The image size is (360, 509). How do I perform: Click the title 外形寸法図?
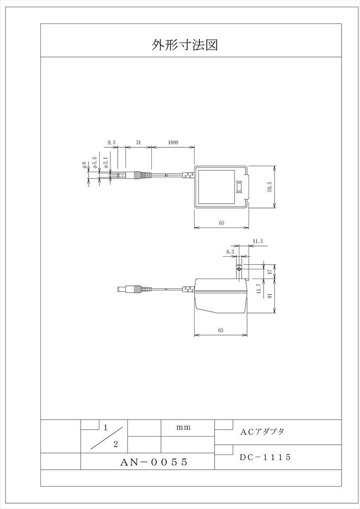(184, 45)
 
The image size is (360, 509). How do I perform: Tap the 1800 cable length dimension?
(173, 142)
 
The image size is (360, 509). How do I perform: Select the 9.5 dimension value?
(111, 142)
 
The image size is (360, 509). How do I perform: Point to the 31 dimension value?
(138, 142)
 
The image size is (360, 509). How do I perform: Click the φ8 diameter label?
(85, 165)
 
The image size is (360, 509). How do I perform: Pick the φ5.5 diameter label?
(94, 162)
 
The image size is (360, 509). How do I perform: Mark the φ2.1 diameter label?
(105, 162)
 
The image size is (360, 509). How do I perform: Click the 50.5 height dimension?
(270, 187)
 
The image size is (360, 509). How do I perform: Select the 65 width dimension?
(221, 223)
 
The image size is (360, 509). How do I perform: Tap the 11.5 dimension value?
(258, 241)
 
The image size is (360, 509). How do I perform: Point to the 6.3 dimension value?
(230, 251)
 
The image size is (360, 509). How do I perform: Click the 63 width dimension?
(220, 331)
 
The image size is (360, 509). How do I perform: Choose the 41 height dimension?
(270, 296)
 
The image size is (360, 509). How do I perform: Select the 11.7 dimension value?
(259, 289)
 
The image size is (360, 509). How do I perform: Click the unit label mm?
(183, 427)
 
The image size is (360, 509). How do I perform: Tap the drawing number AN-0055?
(154, 462)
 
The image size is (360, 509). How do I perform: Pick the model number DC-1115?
(265, 457)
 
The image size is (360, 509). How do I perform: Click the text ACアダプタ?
(262, 432)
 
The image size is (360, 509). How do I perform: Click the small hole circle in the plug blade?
(239, 269)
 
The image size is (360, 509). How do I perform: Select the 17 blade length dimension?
(270, 272)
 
